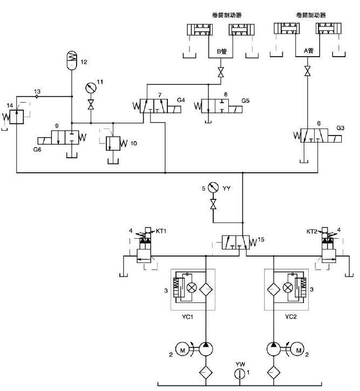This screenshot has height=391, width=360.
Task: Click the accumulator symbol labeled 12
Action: tap(72, 58)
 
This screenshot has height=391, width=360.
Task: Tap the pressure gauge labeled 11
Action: tap(90, 88)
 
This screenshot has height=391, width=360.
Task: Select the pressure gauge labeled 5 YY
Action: tap(213, 188)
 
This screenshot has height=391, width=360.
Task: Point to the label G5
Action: tap(246, 100)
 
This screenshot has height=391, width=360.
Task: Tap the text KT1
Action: tap(161, 231)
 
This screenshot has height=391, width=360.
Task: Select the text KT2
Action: tap(312, 231)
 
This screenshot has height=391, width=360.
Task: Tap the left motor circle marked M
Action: tap(182, 350)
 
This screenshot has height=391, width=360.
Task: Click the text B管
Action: tap(221, 52)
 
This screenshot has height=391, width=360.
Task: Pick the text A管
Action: tap(308, 52)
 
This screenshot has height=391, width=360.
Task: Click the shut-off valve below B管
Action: tap(220, 72)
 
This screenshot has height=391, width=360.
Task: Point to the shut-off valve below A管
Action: tap(307, 71)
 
